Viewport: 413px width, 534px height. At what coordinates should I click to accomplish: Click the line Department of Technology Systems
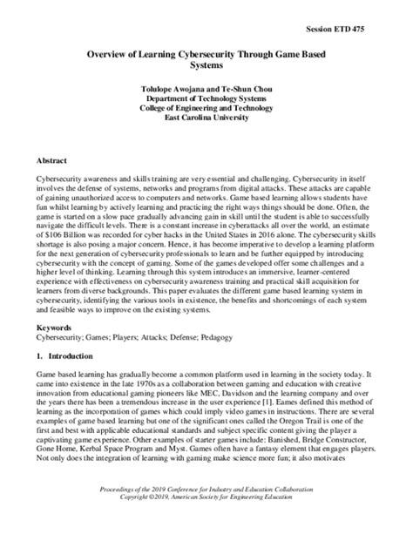pos(206,98)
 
